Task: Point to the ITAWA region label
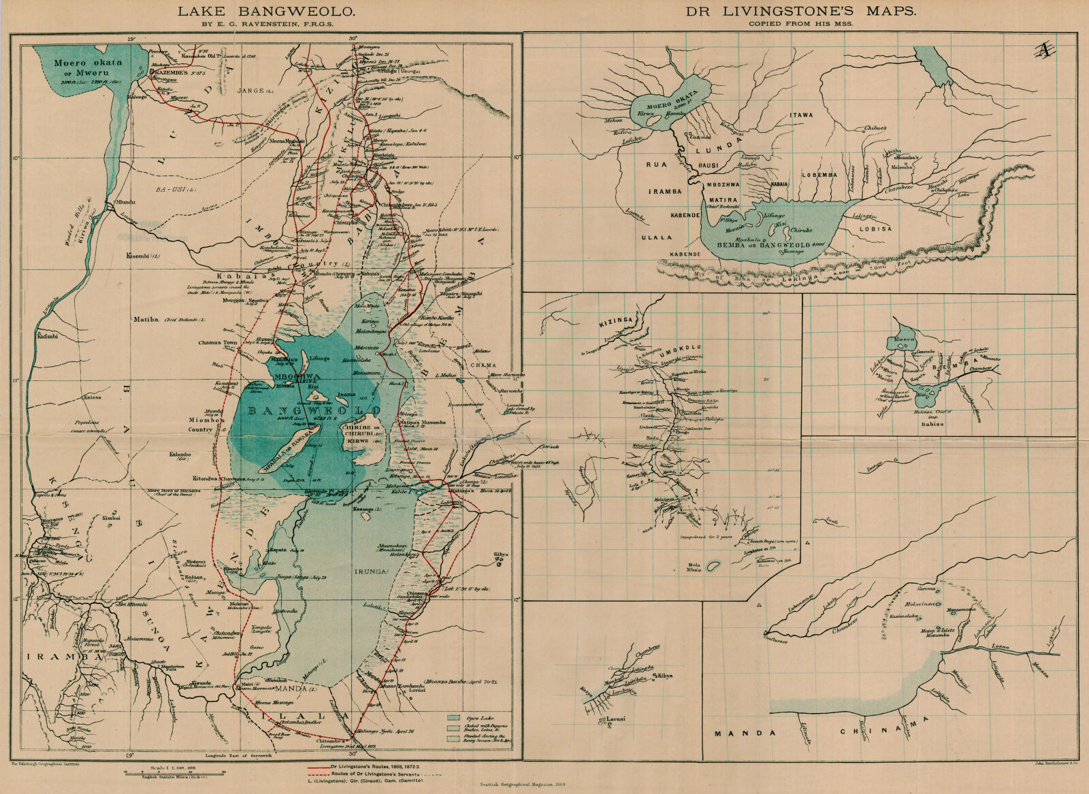(x=801, y=116)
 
